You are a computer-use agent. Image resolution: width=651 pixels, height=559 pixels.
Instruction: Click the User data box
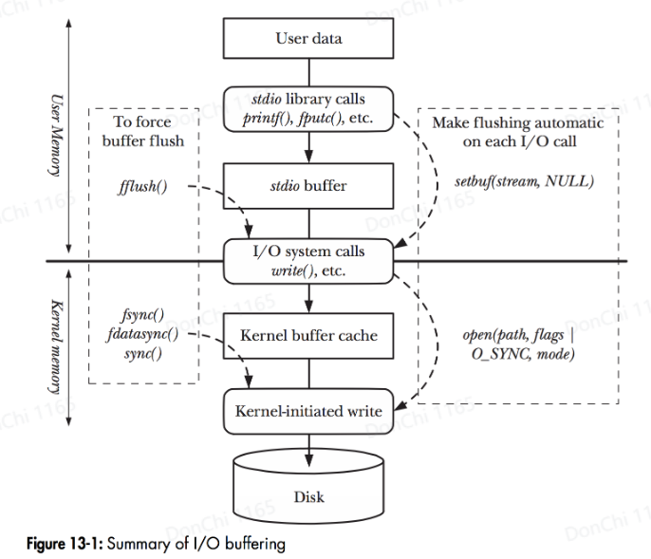tap(307, 40)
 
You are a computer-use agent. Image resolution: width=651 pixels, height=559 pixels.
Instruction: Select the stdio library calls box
tap(307, 106)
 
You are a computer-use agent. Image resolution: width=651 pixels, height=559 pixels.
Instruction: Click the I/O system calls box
tap(307, 259)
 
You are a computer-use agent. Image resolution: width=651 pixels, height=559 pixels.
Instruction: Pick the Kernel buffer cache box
tap(307, 335)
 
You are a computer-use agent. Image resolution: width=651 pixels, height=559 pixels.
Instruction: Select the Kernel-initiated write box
tap(307, 411)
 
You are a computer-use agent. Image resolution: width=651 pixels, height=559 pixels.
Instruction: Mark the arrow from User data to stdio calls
tap(307, 71)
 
